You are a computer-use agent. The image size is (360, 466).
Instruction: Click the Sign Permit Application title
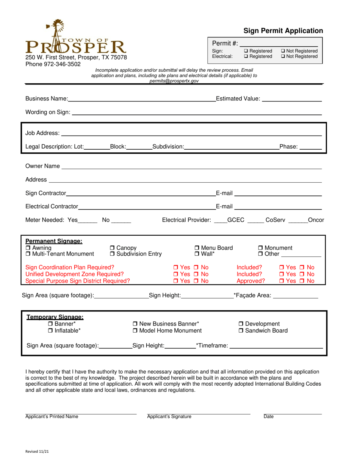[x=283, y=31]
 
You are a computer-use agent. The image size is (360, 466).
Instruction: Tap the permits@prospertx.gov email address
[x=174, y=81]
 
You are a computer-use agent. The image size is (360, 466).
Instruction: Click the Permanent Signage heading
[x=53, y=241]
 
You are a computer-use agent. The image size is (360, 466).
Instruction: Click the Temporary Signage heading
[x=55, y=317]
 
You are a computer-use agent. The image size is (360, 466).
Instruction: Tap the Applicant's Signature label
[x=169, y=417]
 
